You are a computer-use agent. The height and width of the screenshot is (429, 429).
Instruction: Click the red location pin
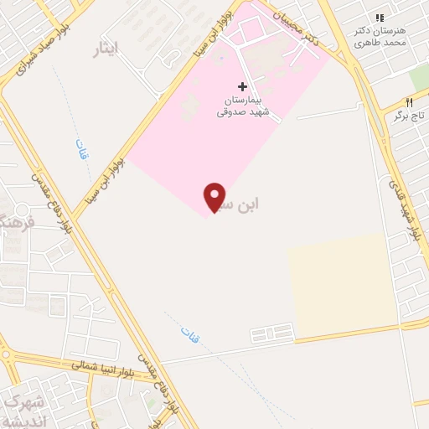[214, 197]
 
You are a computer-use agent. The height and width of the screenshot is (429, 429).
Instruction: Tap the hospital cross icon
[243, 86]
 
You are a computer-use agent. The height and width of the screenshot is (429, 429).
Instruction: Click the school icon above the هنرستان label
[380, 17]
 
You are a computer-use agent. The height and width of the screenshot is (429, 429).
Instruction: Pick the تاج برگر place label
[411, 116]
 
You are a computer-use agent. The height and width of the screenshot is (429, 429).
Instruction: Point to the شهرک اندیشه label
[23, 411]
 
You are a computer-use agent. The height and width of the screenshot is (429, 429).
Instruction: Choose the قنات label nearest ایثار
[82, 151]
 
